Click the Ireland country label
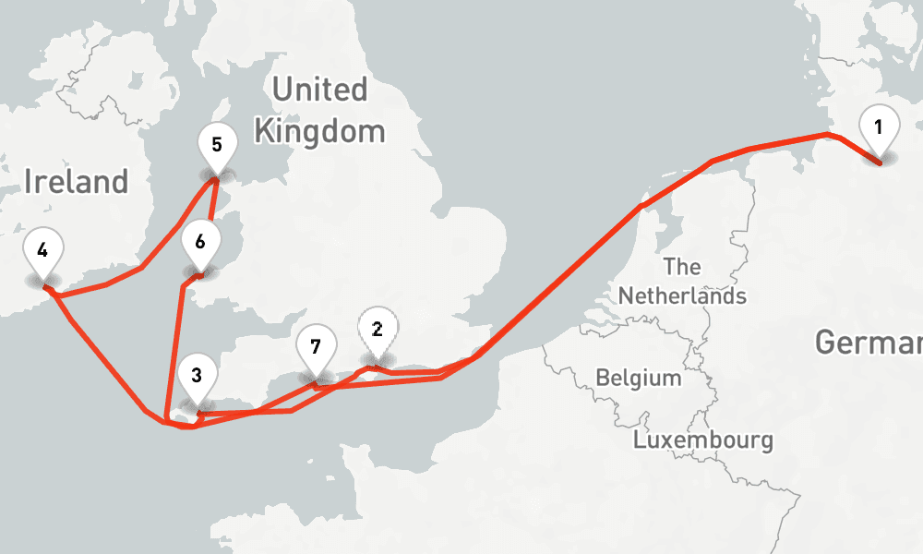[x=76, y=182]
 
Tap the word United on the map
[x=319, y=90]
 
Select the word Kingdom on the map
[x=319, y=131]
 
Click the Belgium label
[x=639, y=378]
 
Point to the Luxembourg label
[x=703, y=440]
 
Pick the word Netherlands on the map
[x=682, y=296]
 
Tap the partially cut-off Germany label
[x=868, y=343]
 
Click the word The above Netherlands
[x=682, y=268]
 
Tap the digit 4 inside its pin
[x=42, y=249]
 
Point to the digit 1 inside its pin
[x=878, y=127]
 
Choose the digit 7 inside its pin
[x=316, y=347]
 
